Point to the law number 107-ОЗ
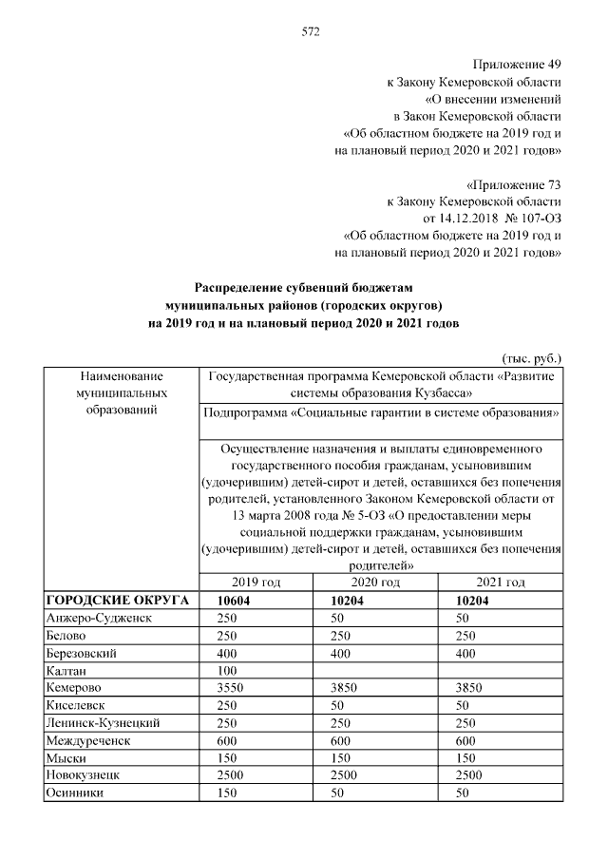tap(538, 219)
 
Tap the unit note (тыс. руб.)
tap(532, 358)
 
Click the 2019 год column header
tap(256, 583)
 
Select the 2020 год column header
tap(374, 583)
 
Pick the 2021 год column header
tap(502, 583)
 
